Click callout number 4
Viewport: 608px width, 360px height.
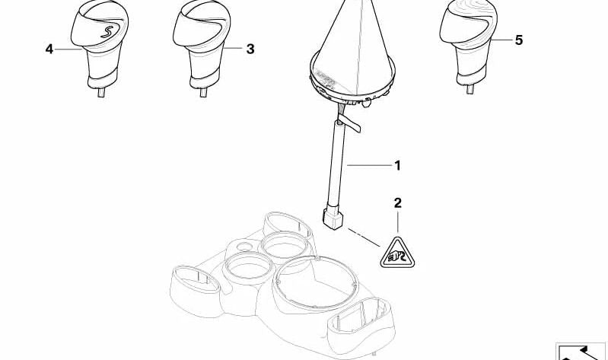click(x=49, y=49)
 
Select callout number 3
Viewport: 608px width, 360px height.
click(x=250, y=49)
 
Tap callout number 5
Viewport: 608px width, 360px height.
click(x=519, y=40)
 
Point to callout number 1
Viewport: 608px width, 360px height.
click(x=397, y=166)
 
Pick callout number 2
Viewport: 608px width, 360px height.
click(x=398, y=203)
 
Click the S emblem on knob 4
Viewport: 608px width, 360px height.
click(x=107, y=32)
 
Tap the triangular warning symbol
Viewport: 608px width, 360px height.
click(x=397, y=253)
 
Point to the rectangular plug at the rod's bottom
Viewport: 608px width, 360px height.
click(x=333, y=218)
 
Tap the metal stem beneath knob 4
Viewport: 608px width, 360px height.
click(x=101, y=92)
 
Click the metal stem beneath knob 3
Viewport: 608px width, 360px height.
click(x=203, y=92)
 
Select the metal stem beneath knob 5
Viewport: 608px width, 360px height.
click(x=470, y=90)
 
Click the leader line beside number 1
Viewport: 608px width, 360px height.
click(x=370, y=166)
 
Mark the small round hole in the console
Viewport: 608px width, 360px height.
click(x=244, y=246)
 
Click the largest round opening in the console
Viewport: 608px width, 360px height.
click(x=316, y=282)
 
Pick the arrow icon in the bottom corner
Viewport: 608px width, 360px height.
click(x=581, y=352)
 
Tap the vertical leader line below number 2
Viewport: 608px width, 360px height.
click(x=398, y=222)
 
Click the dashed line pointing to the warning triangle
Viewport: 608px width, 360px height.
click(x=364, y=237)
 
